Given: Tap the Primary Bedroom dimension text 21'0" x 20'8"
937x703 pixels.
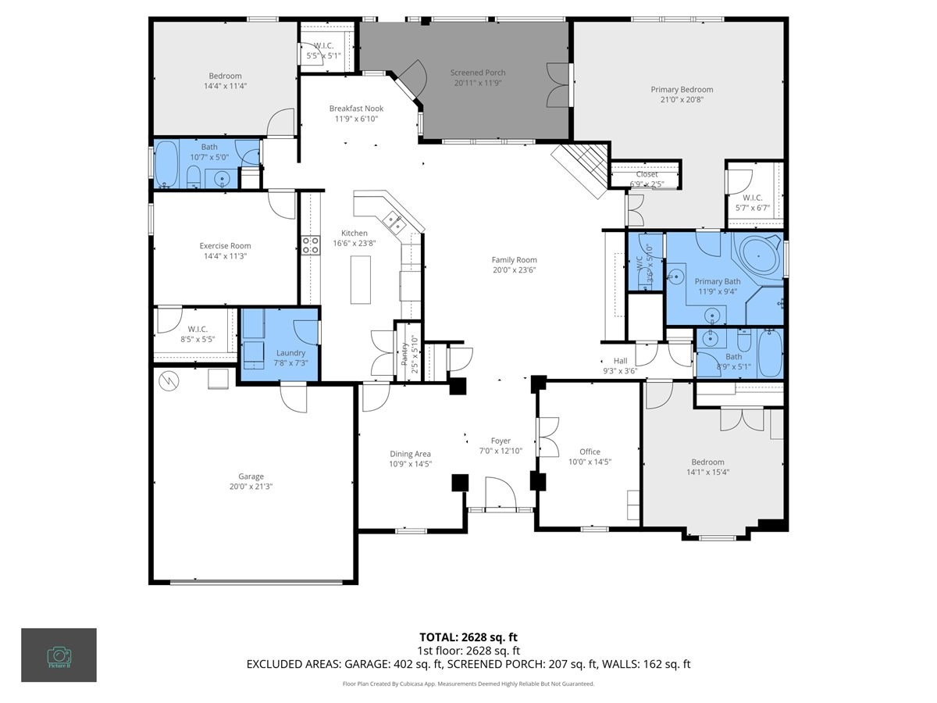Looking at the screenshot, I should (x=682, y=99).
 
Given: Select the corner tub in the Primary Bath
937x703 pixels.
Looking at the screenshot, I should (x=760, y=255).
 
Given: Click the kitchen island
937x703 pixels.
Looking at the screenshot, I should (x=360, y=279).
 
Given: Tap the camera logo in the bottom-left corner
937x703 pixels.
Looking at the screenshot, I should (x=59, y=655).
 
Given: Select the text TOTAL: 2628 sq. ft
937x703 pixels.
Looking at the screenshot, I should (x=468, y=637).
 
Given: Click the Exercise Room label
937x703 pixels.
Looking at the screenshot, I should (x=225, y=246).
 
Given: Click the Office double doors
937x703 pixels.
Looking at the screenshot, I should (x=548, y=437).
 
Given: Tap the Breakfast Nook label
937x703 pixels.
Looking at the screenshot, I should (x=355, y=109).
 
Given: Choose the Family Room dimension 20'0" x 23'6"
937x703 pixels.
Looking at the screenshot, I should (x=514, y=270).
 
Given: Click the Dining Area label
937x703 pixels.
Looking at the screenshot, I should (x=410, y=454).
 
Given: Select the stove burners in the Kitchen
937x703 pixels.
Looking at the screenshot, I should (x=310, y=245).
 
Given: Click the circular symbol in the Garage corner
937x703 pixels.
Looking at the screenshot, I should (x=168, y=380).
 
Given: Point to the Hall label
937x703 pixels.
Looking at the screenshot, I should (x=620, y=361).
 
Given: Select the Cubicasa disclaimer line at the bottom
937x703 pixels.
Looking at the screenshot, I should (x=468, y=683).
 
